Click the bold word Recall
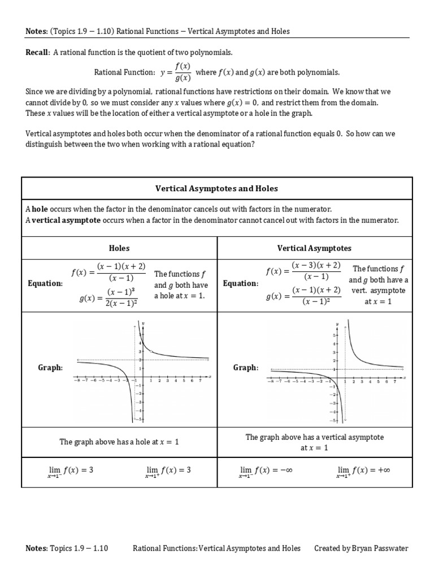click(38, 53)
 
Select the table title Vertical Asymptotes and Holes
click(216, 188)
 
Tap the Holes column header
click(119, 248)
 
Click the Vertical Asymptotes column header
click(314, 248)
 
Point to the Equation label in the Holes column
click(45, 283)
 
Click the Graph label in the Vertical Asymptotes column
click(246, 368)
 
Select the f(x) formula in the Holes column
click(108, 272)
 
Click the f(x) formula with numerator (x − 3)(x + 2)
click(303, 271)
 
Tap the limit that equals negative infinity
click(265, 470)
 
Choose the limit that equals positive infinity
click(362, 470)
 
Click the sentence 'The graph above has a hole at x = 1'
click(119, 442)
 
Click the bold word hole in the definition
click(40, 209)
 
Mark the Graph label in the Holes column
click(50, 368)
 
